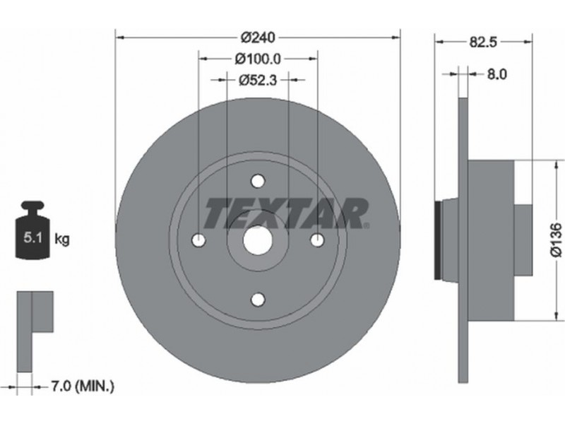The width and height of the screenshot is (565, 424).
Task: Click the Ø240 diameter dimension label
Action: pyautogui.click(x=257, y=37)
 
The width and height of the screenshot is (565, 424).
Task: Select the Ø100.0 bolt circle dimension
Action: pyautogui.click(x=257, y=59)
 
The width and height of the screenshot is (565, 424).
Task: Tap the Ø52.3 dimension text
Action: pyautogui.click(x=257, y=80)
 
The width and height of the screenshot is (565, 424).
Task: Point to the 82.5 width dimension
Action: pyautogui.click(x=483, y=42)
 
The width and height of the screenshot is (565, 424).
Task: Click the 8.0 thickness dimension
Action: pyautogui.click(x=497, y=74)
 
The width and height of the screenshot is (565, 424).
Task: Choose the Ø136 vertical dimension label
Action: pyautogui.click(x=557, y=240)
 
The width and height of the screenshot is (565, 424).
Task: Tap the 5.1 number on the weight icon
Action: pyautogui.click(x=33, y=238)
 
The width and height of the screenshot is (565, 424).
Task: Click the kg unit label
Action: pyautogui.click(x=62, y=239)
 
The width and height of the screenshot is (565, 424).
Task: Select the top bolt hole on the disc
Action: pyautogui.click(x=258, y=181)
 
